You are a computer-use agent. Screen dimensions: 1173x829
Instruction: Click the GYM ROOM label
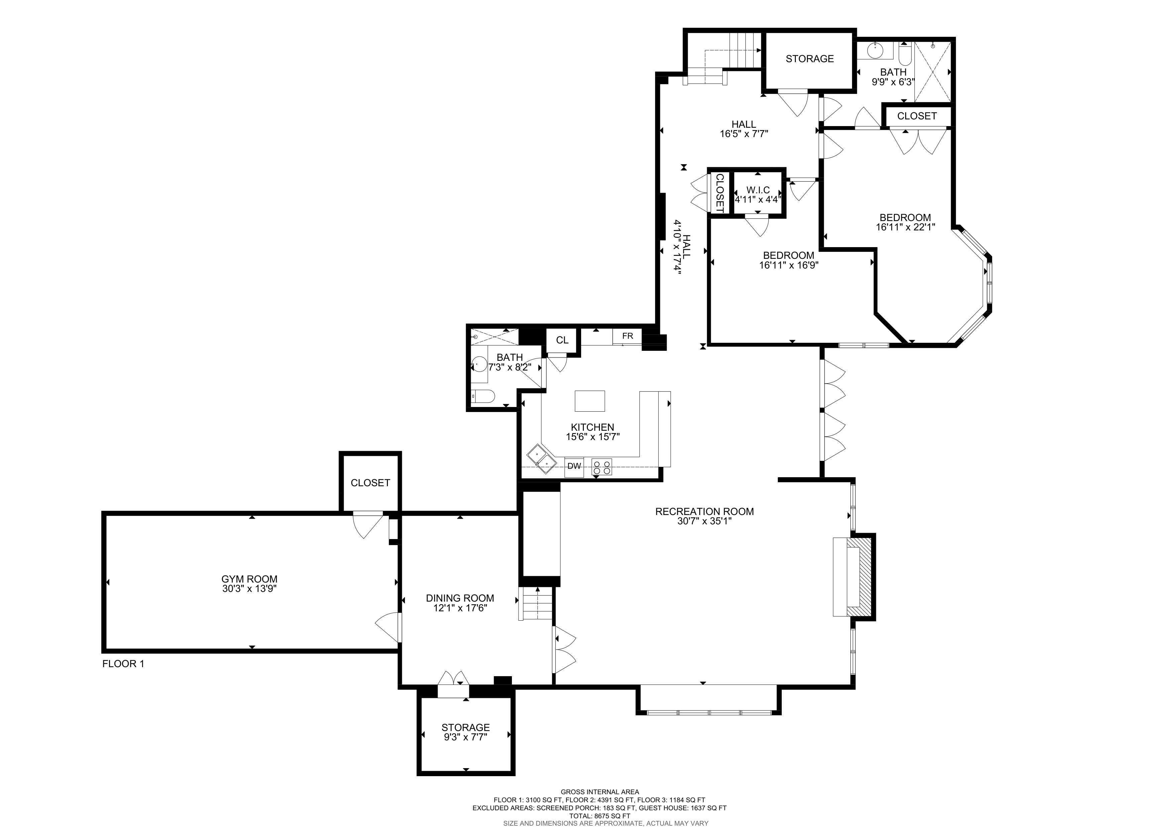(249, 579)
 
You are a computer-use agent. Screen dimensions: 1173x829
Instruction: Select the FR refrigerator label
(627, 336)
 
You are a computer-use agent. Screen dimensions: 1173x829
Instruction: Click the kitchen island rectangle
(590, 401)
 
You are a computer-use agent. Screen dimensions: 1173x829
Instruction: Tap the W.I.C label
(758, 190)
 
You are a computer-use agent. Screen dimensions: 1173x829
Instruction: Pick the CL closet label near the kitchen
(562, 340)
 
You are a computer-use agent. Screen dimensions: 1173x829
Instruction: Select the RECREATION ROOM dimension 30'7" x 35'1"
(705, 521)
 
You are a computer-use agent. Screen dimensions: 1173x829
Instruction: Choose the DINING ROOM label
(460, 598)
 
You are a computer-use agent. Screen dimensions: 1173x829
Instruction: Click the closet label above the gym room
(370, 483)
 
